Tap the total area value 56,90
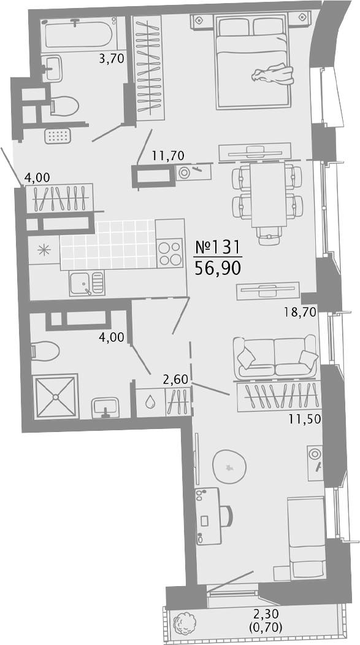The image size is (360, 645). [x=217, y=268]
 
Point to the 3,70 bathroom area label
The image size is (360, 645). [x=112, y=59]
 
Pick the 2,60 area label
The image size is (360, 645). [x=175, y=379]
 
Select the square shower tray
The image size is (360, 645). [x=55, y=396]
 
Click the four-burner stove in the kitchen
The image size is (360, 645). [x=170, y=253]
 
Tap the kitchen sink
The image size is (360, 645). [x=87, y=283]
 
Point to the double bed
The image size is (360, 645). [x=254, y=61]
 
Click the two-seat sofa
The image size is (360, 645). [x=275, y=357]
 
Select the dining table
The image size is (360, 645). [x=269, y=194]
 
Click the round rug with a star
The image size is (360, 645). [x=229, y=466]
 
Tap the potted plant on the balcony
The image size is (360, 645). [x=185, y=623]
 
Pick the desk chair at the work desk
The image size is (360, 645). [x=227, y=516]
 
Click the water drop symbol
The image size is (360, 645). [x=150, y=401]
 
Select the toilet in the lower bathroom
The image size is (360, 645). [x=45, y=350]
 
